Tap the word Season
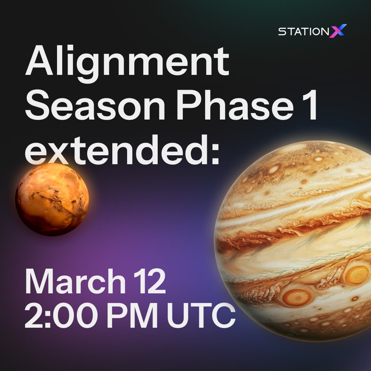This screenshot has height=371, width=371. (95, 105)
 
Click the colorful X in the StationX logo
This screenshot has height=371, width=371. (338, 31)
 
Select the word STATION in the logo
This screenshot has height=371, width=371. (303, 32)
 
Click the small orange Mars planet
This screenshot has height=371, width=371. (52, 200)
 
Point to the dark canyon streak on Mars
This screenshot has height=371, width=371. (57, 201)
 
